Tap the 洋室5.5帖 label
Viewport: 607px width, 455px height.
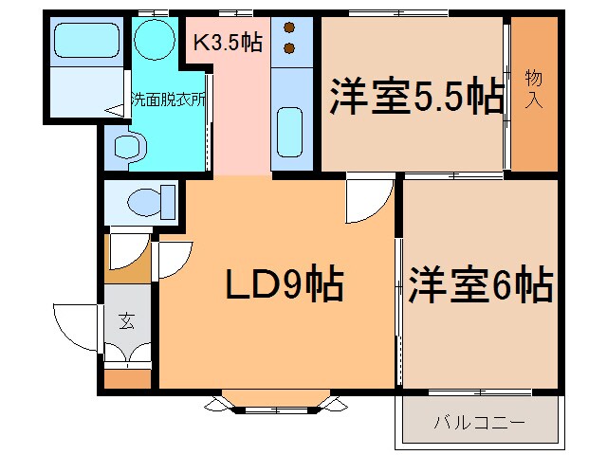pos(415,98)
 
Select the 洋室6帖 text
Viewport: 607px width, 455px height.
pos(481,284)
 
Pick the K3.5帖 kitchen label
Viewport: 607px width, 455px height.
pos(228,44)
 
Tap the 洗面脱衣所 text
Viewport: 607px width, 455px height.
pos(168,99)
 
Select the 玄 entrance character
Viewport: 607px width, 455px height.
pos(127,321)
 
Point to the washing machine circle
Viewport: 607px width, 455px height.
pos(151,39)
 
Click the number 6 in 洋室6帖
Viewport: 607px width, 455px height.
pos(506,284)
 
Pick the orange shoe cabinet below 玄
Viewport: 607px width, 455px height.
pos(127,379)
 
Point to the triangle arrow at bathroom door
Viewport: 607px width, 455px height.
pos(114,111)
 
